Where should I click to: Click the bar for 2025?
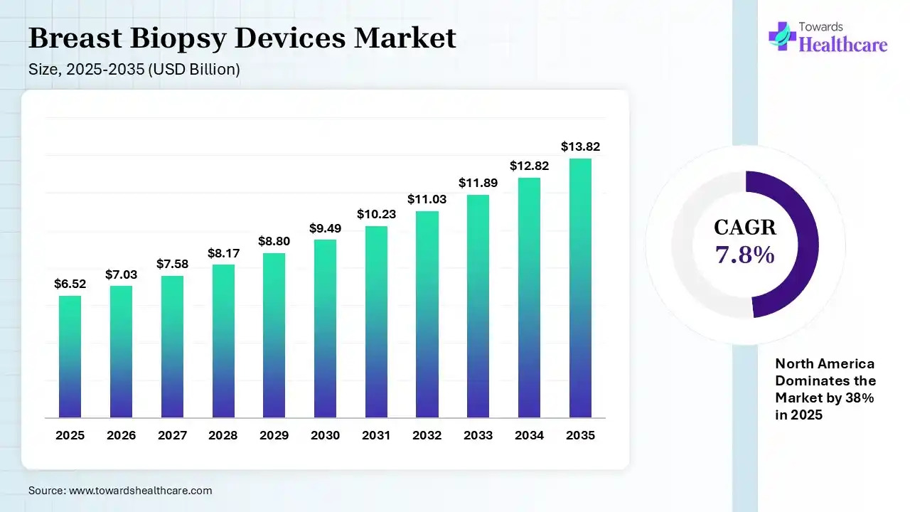pos(70,356)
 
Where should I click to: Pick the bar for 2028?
pos(223,341)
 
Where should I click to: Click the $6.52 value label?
pos(70,284)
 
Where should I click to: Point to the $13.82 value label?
pos(580,146)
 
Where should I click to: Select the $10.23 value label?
pos(376,214)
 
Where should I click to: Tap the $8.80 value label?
pos(274,241)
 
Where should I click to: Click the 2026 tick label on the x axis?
pos(121,435)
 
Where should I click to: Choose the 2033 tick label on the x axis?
pos(478,435)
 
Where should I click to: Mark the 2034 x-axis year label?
pos(529,435)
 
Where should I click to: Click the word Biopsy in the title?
pos(183,38)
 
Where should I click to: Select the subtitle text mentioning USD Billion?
pos(134,70)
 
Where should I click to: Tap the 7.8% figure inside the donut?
pos(745,255)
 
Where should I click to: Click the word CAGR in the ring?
pos(745,228)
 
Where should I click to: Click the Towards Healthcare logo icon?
pos(782,36)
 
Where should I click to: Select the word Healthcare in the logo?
pos(843,45)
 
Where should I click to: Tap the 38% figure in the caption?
pos(860,398)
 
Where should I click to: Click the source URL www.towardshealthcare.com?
pos(140,491)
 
